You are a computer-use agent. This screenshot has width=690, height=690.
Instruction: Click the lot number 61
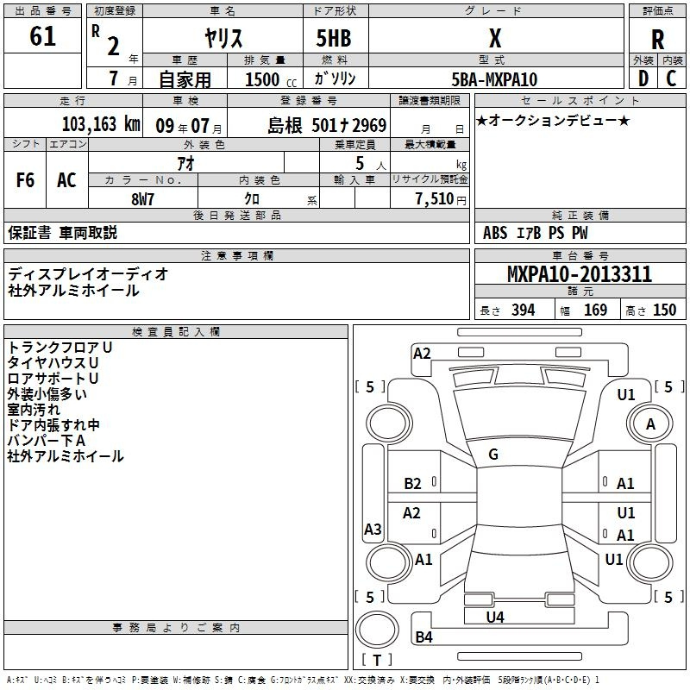pyautogui.click(x=42, y=37)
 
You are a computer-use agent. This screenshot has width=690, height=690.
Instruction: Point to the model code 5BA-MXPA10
pyautogui.click(x=494, y=79)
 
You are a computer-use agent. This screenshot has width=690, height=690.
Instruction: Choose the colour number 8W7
pyautogui.click(x=143, y=198)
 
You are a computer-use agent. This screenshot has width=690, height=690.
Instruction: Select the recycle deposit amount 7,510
pyautogui.click(x=433, y=199)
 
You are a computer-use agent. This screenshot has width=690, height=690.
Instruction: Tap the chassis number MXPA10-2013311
pyautogui.click(x=580, y=274)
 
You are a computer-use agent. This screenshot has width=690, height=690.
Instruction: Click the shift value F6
pyautogui.click(x=26, y=180)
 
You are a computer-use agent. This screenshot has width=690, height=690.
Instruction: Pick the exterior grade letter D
pyautogui.click(x=643, y=79)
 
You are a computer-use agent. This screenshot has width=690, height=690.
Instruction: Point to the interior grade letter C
pyautogui.click(x=672, y=79)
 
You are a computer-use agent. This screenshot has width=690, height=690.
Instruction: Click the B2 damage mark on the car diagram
pyautogui.click(x=413, y=484)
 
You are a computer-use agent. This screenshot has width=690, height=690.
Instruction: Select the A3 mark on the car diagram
pyautogui.click(x=373, y=530)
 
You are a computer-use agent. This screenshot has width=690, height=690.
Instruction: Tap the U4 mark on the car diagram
pyautogui.click(x=495, y=618)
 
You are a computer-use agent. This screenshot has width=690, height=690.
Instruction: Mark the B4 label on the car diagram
pyautogui.click(x=423, y=637)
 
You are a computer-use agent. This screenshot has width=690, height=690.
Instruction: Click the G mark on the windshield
pyautogui.click(x=493, y=455)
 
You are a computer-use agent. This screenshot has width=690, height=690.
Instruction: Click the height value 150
pyautogui.click(x=665, y=310)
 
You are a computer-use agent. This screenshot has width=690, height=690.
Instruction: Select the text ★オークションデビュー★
pyautogui.click(x=555, y=120)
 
